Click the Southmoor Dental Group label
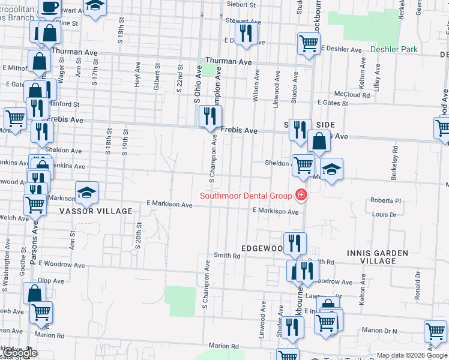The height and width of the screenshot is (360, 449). pyautogui.click(x=246, y=196)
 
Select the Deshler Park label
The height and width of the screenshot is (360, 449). pyautogui.click(x=394, y=49)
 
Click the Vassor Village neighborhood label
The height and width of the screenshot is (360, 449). pyautogui.click(x=95, y=211)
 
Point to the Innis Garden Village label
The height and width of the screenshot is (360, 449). pyautogui.click(x=378, y=257)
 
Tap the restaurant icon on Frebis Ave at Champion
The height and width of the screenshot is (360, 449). pyautogui.click(x=210, y=116)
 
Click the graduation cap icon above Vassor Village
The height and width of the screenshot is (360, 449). pyautogui.click(x=87, y=192)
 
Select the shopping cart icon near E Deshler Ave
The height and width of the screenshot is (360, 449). pyautogui.click(x=309, y=43)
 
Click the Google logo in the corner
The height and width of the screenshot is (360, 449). pyautogui.click(x=20, y=353)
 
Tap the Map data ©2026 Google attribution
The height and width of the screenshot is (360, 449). pyautogui.click(x=412, y=355)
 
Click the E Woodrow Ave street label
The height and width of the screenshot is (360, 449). pyautogui.click(x=61, y=264)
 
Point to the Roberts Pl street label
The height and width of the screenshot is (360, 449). pyautogui.click(x=385, y=201)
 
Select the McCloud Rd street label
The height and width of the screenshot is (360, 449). pyautogui.click(x=352, y=95)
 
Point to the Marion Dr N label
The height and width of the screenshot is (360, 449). pyautogui.click(x=379, y=331)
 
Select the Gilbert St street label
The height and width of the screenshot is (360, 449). pyautogui.click(x=157, y=77)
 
